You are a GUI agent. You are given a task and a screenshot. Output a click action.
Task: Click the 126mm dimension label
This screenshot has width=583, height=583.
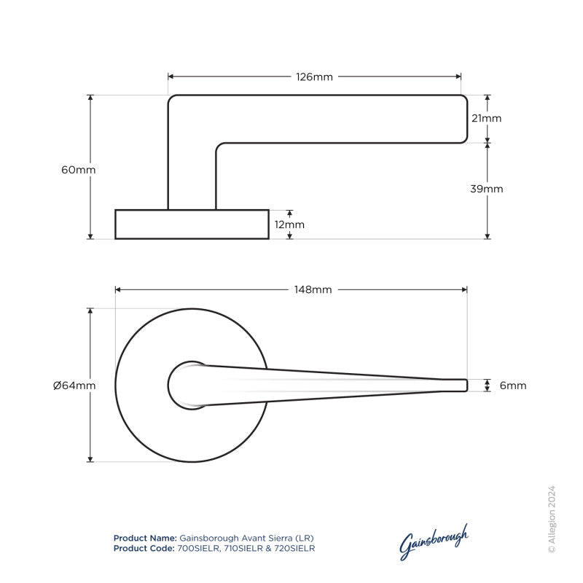point(314,77)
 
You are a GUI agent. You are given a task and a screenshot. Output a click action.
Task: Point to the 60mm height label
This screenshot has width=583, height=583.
point(79,169)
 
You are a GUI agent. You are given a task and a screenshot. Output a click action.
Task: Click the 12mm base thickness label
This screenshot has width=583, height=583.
point(290,224)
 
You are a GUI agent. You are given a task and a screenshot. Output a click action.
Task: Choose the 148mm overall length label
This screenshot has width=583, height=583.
point(313,289)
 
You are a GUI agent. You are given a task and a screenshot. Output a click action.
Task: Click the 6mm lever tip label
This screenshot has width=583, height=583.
point(512,386)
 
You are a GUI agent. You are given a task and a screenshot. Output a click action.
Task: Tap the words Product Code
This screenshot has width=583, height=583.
point(144,547)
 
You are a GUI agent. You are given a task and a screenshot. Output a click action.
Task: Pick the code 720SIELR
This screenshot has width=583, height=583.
point(293,547)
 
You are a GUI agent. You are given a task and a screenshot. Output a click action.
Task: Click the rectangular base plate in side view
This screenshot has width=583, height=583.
point(192,224)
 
